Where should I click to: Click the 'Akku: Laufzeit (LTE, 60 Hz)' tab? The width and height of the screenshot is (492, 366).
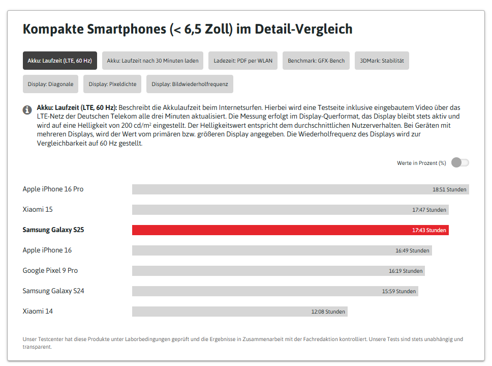click(x=59, y=61)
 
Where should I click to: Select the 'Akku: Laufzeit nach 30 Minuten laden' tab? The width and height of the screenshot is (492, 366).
click(x=152, y=61)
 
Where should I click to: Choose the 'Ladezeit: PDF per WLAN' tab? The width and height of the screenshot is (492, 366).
click(x=243, y=61)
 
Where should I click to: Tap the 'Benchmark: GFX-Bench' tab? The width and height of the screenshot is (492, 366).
click(x=316, y=61)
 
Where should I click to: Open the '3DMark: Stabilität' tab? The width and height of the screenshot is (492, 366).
click(x=382, y=61)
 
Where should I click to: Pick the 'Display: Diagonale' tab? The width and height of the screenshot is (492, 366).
click(x=50, y=84)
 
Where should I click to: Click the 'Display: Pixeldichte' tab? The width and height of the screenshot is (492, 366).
click(x=112, y=84)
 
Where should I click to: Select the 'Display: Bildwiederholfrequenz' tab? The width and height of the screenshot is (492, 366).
click(x=190, y=84)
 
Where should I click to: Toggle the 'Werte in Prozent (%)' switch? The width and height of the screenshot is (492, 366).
click(x=460, y=163)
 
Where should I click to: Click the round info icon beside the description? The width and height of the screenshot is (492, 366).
click(x=27, y=110)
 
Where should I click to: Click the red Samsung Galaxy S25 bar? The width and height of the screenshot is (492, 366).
click(x=290, y=230)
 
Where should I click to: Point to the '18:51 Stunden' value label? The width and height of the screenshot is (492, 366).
click(x=449, y=189)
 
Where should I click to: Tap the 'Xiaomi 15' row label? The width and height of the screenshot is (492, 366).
click(x=38, y=209)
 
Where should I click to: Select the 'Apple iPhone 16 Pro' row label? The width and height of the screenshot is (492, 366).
click(x=53, y=189)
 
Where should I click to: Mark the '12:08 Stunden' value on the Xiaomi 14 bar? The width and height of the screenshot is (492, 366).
click(x=328, y=312)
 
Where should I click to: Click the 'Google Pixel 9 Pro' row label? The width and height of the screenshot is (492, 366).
click(x=50, y=270)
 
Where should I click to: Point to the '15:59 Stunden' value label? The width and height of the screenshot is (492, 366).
click(x=399, y=291)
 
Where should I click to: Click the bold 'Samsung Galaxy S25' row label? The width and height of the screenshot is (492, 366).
click(x=53, y=230)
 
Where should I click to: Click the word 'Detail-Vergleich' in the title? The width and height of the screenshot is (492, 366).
click(x=303, y=29)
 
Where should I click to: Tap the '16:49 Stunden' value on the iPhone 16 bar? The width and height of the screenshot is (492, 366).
click(x=412, y=250)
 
